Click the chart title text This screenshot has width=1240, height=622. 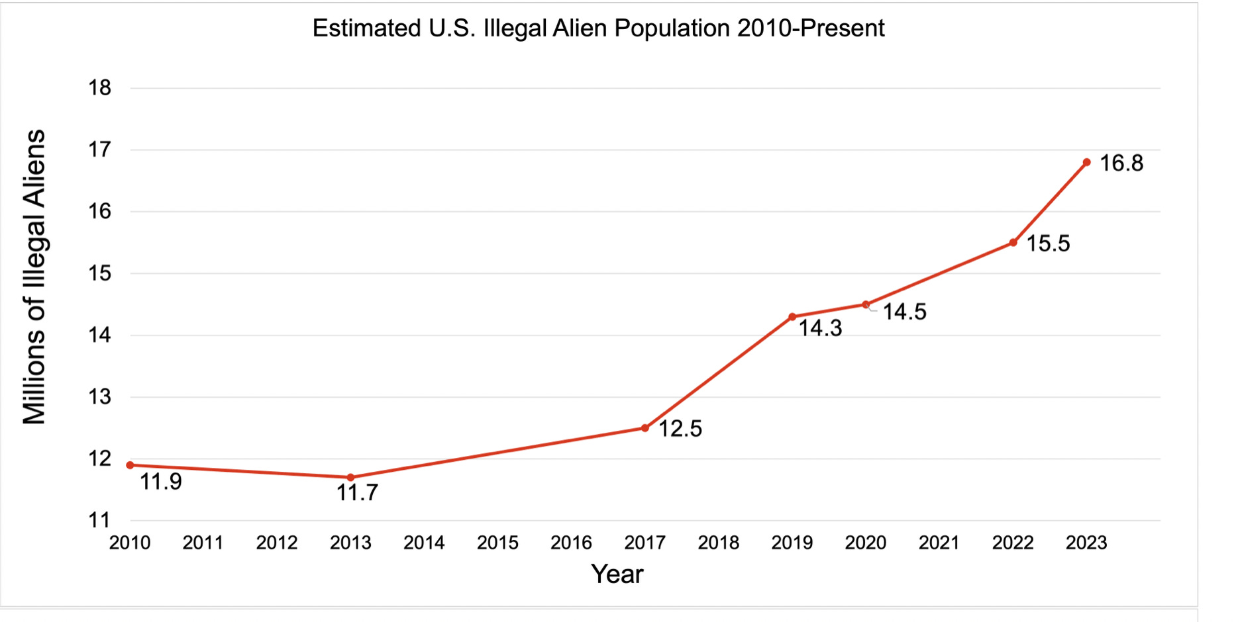pos(598,28)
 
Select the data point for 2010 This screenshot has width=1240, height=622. pos(130,465)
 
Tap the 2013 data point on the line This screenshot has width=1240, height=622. pos(350,477)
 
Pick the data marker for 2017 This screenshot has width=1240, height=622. pos(645,428)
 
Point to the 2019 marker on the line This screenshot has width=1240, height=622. pos(792,317)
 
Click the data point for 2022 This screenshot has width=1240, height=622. pos(1013,243)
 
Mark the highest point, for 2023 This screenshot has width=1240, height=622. pos(1087,162)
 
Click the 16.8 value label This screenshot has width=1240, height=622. pos(1121,163)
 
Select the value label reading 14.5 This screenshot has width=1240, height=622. pos(904,312)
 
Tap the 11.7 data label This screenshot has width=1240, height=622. pos(357,493)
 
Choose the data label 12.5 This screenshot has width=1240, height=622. pos(680,429)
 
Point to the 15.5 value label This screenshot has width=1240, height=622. pos(1048,244)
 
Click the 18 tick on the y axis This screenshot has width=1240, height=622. pos(100,87)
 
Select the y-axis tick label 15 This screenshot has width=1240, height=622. pos(100,273)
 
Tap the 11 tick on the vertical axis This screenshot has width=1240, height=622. pos(100,520)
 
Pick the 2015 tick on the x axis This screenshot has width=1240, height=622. pos(497,543)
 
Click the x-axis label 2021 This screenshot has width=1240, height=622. pos(939,543)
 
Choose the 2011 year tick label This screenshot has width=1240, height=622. pos(203,543)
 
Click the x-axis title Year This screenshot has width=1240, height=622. pos(617,574)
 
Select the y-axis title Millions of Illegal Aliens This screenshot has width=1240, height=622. pos(34,277)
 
